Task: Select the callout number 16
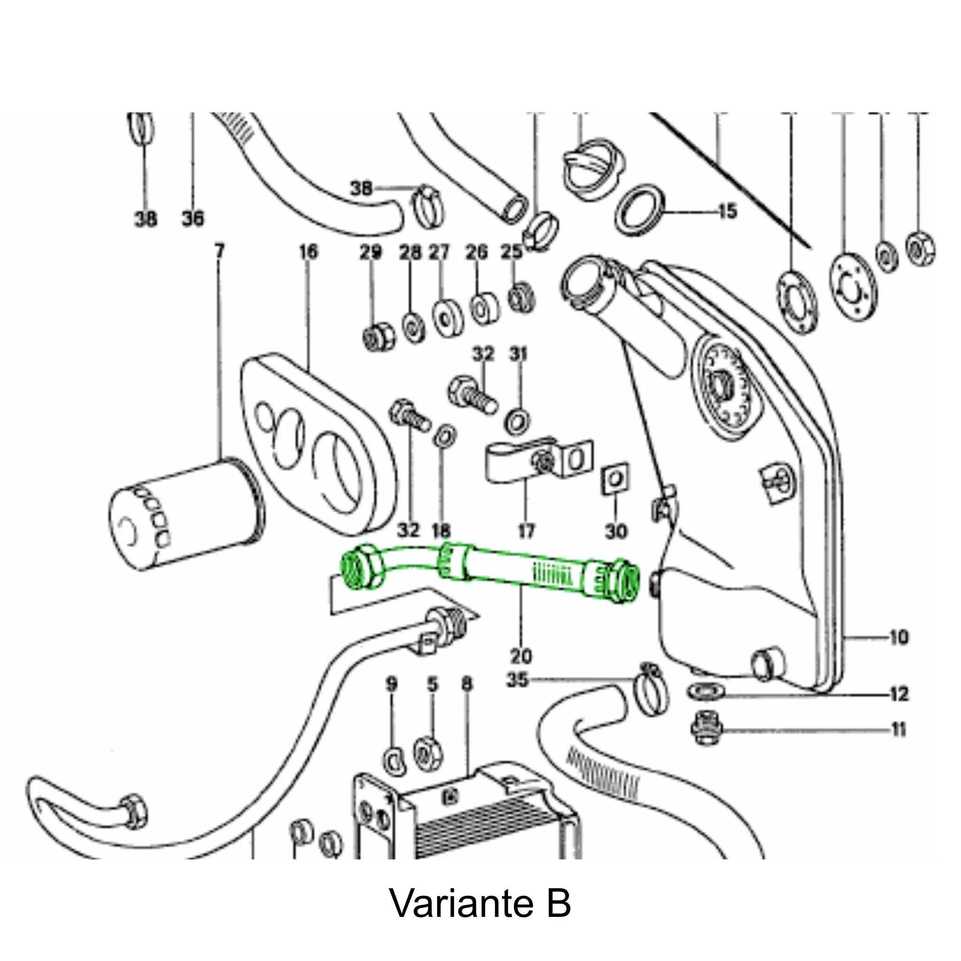[308, 252]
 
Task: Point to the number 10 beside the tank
[898, 637]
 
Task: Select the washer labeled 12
[706, 691]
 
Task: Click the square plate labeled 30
[615, 480]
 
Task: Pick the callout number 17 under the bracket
[526, 531]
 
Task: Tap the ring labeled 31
[517, 421]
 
